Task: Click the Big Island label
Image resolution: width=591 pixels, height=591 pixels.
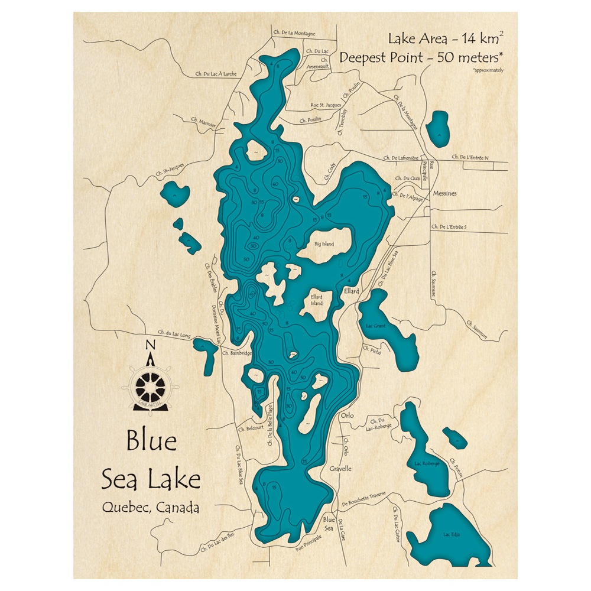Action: (x=324, y=244)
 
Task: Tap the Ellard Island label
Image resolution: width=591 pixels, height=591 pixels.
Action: (x=317, y=300)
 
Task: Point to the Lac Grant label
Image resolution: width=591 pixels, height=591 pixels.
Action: (x=376, y=326)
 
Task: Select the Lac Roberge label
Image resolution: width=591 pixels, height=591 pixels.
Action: (x=427, y=464)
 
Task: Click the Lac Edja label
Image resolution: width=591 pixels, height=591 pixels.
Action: (x=451, y=535)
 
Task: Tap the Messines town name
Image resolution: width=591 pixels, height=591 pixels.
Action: (x=446, y=193)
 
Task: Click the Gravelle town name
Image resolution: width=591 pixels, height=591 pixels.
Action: (x=340, y=469)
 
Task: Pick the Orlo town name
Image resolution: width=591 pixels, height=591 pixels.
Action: (x=347, y=415)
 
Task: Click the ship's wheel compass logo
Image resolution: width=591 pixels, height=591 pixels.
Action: (x=150, y=388)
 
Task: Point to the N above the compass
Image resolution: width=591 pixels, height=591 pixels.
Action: (x=150, y=345)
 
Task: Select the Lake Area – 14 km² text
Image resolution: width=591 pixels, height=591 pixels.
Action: (x=446, y=40)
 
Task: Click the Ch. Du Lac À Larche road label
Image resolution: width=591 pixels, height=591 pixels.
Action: (x=216, y=74)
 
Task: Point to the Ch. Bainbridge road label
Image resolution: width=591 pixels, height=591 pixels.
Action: (x=237, y=353)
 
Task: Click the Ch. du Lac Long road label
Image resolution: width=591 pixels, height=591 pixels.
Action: (x=174, y=335)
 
